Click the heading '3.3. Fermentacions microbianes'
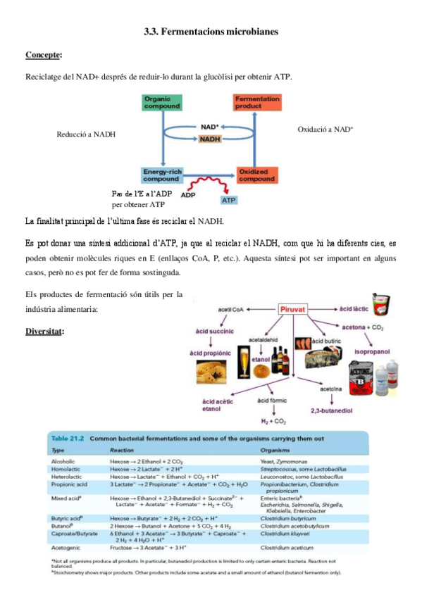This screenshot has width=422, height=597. pos(211,32)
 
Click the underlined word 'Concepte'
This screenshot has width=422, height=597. pos(43,54)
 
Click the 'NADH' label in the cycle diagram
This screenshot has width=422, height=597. pos(209,139)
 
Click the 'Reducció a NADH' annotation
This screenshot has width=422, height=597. pos(86,134)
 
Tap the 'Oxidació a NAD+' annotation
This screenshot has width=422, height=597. pos(325,130)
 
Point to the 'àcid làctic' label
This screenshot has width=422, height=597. pos(355,308)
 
